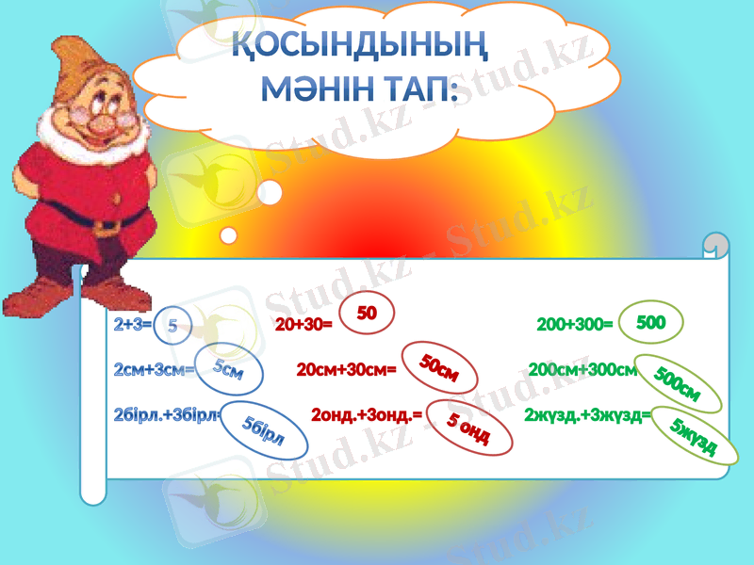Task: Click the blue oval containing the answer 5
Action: click(172, 325)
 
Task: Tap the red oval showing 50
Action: click(367, 314)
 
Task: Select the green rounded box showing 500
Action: click(651, 322)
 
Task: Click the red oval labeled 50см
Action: click(439, 367)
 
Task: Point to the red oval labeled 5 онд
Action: click(467, 427)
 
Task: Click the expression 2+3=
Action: click(132, 325)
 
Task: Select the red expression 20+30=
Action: click(303, 325)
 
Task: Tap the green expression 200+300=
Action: click(575, 325)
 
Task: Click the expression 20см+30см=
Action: click(346, 370)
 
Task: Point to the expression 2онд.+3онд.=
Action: click(367, 413)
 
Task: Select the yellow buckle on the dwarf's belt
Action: click(107, 226)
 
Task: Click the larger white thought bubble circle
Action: click(270, 193)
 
